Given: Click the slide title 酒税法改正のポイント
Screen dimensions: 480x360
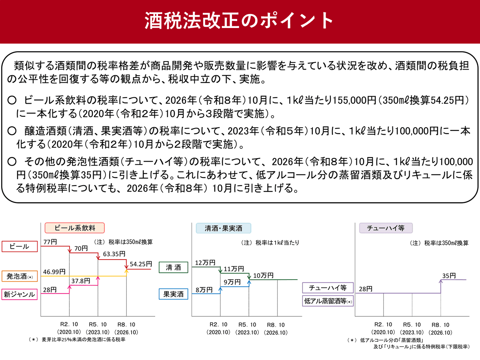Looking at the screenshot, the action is [239, 20].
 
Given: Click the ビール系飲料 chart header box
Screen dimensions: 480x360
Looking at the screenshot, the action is [74, 228].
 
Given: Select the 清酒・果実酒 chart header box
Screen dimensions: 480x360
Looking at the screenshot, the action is [223, 228].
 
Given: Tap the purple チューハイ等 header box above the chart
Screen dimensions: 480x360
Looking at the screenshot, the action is [386, 228].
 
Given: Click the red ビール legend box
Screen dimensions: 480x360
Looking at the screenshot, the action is [20, 246].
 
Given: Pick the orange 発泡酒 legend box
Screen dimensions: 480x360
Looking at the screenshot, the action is [20, 276].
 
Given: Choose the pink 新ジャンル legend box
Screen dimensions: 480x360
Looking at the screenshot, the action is [20, 294].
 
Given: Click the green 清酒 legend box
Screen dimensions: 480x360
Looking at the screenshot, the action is [174, 267].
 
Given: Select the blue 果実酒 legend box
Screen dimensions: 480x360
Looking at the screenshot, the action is [174, 294].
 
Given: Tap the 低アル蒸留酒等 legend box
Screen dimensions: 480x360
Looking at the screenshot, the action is [328, 301].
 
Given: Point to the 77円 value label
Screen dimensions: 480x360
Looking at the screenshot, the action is [50, 242].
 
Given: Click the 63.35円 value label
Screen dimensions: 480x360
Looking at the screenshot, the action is [114, 254].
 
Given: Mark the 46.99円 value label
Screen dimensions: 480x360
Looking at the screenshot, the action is [54, 272].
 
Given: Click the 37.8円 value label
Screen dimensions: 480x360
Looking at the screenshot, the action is [81, 281].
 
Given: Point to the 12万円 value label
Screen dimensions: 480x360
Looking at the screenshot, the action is [205, 262].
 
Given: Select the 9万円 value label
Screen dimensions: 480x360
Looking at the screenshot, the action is [232, 282].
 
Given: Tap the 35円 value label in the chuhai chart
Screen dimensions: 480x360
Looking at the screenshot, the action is [449, 276].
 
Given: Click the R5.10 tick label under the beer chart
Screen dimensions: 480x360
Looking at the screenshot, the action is [98, 324].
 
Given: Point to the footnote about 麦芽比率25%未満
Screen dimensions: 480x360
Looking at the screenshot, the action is [77, 340].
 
